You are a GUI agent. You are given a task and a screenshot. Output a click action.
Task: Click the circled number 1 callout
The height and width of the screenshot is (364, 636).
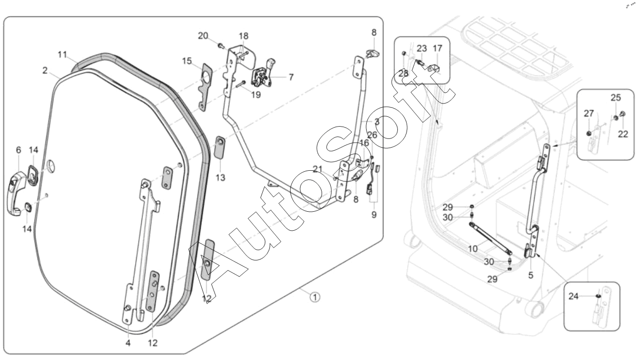pyautogui.click(x=314, y=297)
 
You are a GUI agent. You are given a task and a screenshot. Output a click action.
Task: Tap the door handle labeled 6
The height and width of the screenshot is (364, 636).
pyautogui.click(x=16, y=193)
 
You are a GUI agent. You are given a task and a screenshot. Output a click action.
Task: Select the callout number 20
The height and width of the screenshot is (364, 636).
pyautogui.click(x=203, y=36)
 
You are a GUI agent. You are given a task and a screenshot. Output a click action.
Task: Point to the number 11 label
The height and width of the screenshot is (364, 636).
pyautogui.click(x=62, y=54)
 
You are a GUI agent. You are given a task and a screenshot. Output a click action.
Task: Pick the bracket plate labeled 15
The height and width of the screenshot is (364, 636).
pyautogui.click(x=204, y=87)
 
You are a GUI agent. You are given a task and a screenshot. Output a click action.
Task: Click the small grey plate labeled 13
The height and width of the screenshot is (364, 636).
pyautogui.click(x=220, y=147)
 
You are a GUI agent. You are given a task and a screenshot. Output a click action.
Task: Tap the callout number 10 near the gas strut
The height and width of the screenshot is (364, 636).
pyautogui.click(x=473, y=249)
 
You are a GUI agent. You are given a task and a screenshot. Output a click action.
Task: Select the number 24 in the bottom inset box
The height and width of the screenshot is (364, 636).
pyautogui.click(x=574, y=296)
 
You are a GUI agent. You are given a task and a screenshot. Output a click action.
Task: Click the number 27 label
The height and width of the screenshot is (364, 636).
pyautogui.click(x=589, y=113)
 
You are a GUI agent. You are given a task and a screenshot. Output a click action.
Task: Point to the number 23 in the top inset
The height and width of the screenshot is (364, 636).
pyautogui.click(x=421, y=49)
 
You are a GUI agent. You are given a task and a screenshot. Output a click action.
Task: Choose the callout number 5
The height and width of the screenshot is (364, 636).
pyautogui.click(x=531, y=275)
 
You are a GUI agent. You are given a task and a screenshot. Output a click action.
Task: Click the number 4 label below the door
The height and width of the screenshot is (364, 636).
pyautogui.click(x=128, y=343)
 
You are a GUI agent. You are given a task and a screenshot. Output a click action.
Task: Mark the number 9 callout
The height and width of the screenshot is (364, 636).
pyautogui.click(x=374, y=214)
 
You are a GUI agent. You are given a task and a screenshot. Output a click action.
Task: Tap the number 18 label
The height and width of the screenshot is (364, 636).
pyautogui.click(x=243, y=36)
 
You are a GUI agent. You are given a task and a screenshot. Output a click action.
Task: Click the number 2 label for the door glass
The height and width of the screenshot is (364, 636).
pyautogui.click(x=45, y=70)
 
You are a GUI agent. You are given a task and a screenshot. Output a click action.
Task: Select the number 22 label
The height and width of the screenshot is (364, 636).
pyautogui.click(x=623, y=134)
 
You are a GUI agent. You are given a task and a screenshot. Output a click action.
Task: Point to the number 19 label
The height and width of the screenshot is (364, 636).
pyautogui.click(x=256, y=95)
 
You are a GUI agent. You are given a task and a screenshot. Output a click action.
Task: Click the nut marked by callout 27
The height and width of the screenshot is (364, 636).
pyautogui.click(x=589, y=133)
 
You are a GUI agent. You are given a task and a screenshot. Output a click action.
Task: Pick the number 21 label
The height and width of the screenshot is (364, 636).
pyautogui.click(x=317, y=169)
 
